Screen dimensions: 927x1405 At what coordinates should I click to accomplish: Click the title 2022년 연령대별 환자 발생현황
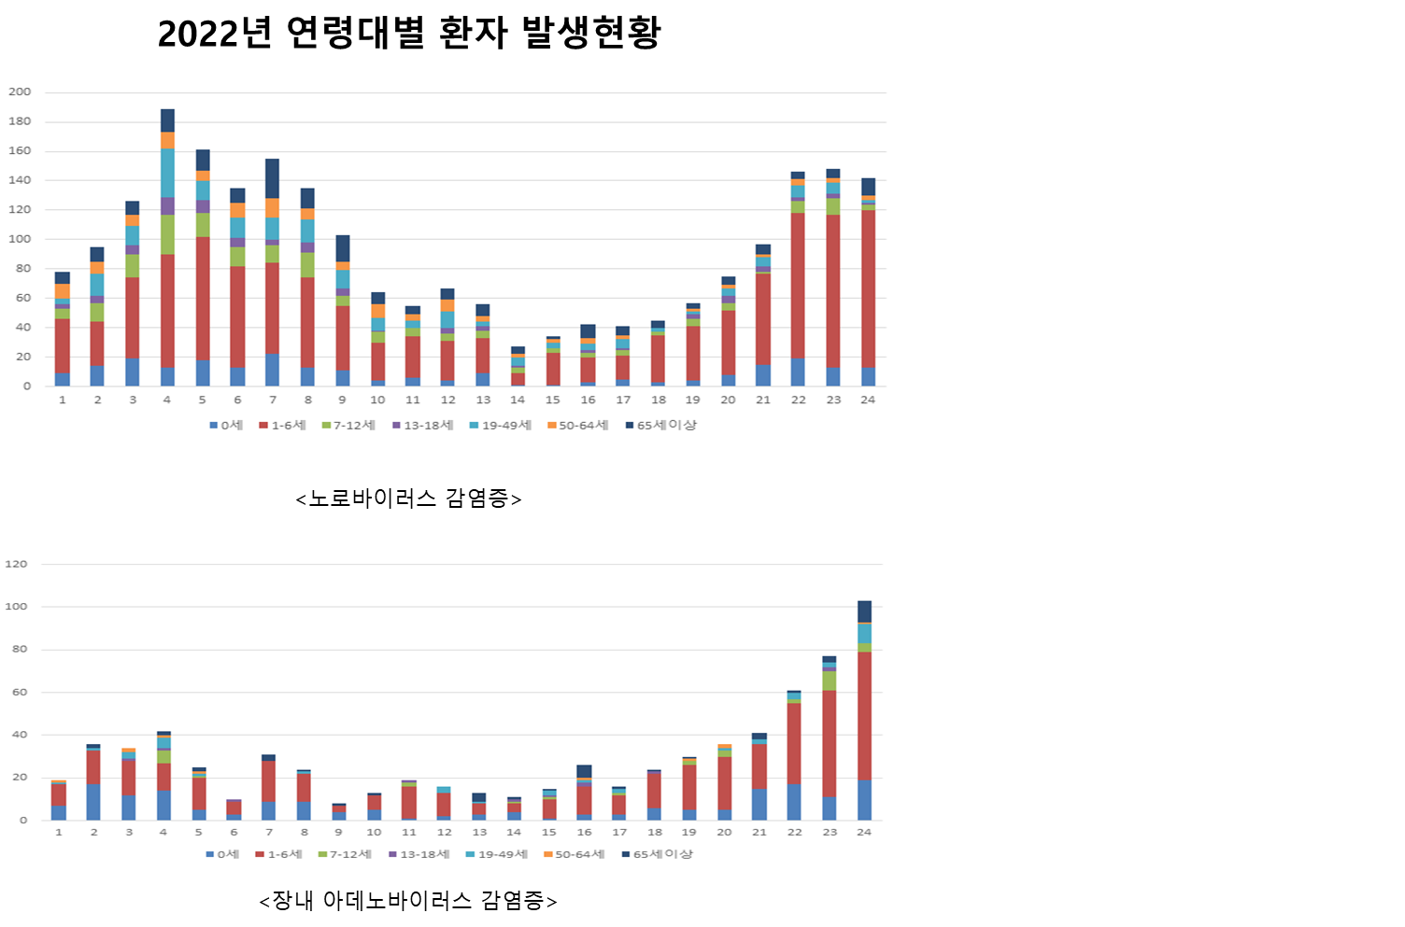coord(409,35)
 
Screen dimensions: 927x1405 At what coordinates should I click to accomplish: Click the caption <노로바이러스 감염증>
coord(408,499)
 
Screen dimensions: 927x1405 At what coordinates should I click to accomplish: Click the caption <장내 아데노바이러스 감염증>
coord(408,901)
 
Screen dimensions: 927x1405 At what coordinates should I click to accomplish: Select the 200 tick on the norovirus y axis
coord(20,91)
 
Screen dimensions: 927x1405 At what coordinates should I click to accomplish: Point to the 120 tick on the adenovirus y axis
coord(17,564)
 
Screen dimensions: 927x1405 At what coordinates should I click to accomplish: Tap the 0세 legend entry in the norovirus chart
coord(226,425)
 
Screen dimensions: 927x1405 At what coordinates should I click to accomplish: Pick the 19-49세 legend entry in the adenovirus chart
coord(497,854)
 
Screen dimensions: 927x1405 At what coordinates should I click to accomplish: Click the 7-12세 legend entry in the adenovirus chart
coord(345,854)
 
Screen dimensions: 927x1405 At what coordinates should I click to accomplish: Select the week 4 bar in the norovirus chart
coord(167,247)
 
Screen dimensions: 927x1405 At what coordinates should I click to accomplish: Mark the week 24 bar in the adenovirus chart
coord(864,710)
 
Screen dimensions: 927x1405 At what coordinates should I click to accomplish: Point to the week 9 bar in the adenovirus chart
coord(339,812)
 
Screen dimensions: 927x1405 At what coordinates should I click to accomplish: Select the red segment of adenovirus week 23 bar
coord(830,743)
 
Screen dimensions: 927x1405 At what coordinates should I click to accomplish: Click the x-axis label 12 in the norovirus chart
coord(448,400)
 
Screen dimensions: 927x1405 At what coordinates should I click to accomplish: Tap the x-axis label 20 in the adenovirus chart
coord(724,832)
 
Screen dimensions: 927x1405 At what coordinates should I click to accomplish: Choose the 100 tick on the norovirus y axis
coord(20,239)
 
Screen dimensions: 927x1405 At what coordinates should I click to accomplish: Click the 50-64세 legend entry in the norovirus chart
coord(577,425)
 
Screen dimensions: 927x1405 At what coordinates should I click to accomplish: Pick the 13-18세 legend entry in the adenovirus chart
coord(420,854)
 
